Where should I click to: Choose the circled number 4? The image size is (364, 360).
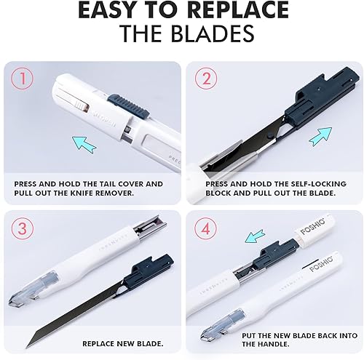click(206, 228)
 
